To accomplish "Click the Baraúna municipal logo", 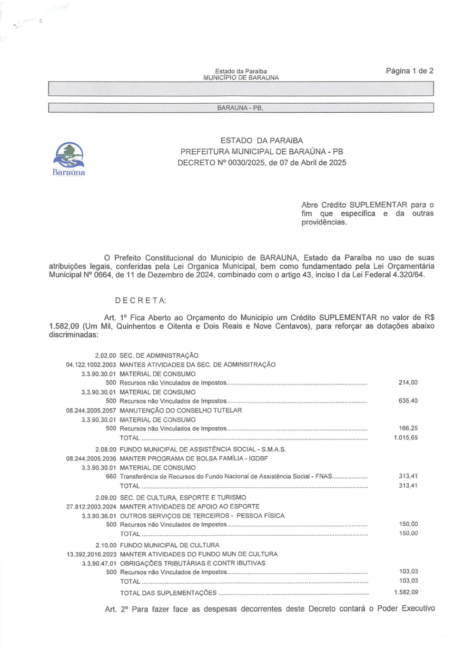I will [x=70, y=158].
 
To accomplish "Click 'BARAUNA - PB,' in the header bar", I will [x=240, y=109].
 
